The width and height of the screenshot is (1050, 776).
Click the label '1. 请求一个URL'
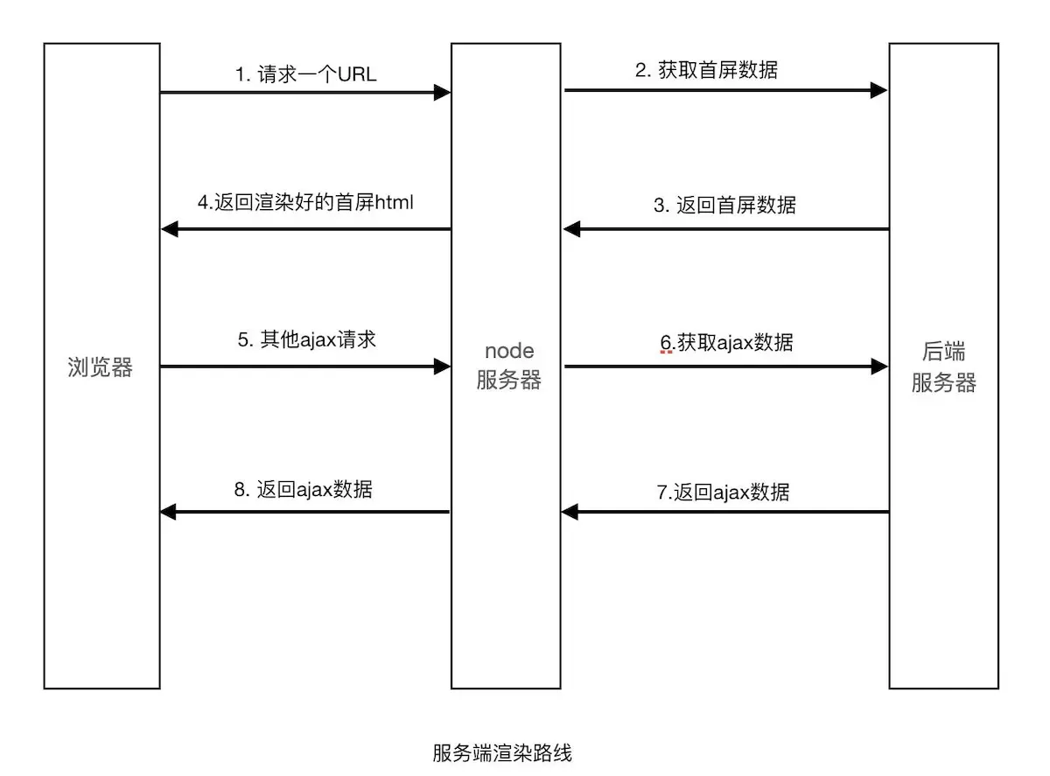[x=305, y=74]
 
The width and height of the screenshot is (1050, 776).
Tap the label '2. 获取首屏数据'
[x=706, y=71]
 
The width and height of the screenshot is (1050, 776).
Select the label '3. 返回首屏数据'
[x=724, y=206]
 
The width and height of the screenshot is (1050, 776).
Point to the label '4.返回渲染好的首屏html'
[x=305, y=204]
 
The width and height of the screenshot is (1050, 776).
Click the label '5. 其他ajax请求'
[x=306, y=339]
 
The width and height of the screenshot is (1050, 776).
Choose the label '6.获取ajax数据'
[x=726, y=342]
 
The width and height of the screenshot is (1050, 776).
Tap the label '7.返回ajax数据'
[x=723, y=492]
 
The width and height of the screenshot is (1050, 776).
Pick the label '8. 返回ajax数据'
[x=304, y=489]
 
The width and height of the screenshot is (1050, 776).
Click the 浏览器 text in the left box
[x=101, y=368]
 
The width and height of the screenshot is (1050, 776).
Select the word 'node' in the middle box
[x=509, y=351]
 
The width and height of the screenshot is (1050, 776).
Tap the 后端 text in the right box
[x=943, y=353]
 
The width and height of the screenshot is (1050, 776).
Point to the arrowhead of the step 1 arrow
[x=442, y=91]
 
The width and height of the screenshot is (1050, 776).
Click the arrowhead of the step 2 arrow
[x=879, y=89]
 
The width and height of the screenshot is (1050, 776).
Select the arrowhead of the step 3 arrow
[x=571, y=229]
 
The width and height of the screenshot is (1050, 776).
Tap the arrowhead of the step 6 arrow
[x=879, y=366]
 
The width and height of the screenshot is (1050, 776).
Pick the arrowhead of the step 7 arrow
[x=570, y=512]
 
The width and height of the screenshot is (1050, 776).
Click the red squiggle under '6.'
[x=667, y=352]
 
